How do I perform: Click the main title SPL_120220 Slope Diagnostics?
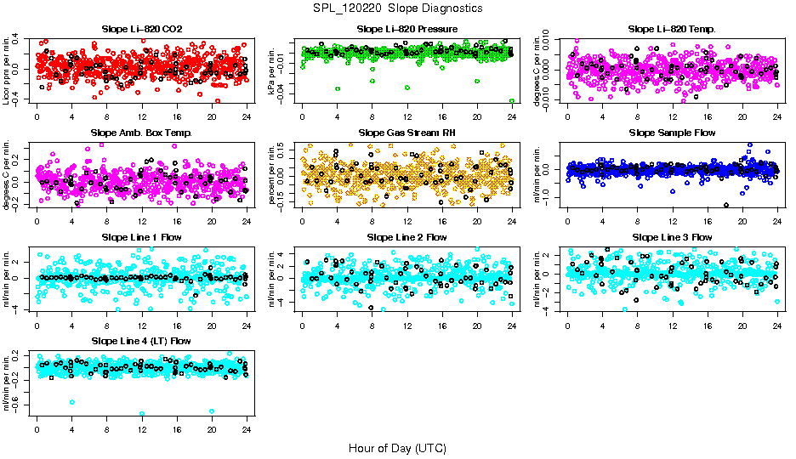(397, 8)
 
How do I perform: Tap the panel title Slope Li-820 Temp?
(672, 29)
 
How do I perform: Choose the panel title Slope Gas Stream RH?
(407, 133)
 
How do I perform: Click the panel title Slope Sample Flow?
(672, 133)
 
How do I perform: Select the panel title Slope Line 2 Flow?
(407, 236)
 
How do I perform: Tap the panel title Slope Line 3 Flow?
(672, 236)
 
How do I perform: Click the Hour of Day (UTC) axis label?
(397, 447)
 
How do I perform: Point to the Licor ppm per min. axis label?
(7, 70)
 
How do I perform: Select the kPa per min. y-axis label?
(272, 70)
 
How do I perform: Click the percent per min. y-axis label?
(272, 173)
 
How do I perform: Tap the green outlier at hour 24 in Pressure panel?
(511, 100)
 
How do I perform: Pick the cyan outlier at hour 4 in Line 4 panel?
(72, 402)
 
